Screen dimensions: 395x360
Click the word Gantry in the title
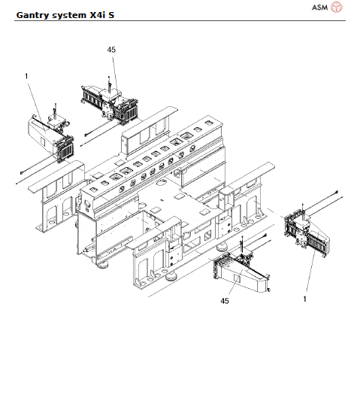coord(35,14)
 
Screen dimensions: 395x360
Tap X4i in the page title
coord(103,14)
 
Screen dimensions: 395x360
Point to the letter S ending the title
coord(121,14)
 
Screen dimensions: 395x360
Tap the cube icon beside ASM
coord(337,8)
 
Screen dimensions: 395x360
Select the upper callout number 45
coord(112,50)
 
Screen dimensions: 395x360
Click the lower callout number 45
coord(224,300)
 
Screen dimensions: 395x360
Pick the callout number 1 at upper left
coord(26,75)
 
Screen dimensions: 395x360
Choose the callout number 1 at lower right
coord(304,299)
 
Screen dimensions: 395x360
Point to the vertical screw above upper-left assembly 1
coord(57,110)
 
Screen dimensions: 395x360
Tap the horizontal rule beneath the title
coord(180,21)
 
